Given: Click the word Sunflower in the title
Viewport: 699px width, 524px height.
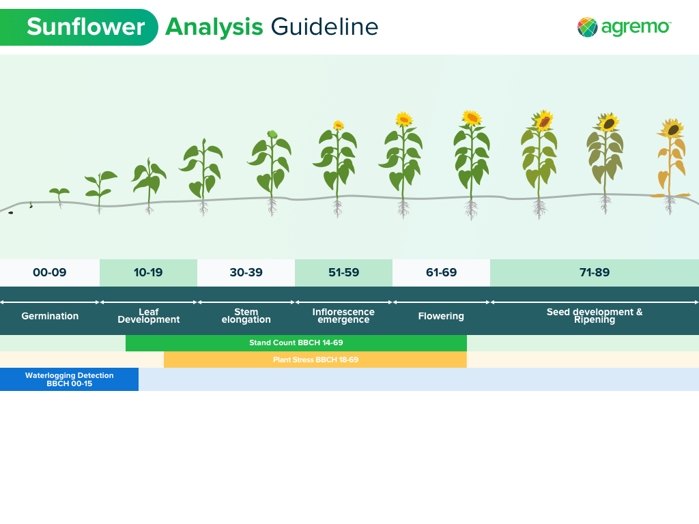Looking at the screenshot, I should click(x=85, y=27).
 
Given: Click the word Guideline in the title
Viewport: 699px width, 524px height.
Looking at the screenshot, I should click(x=324, y=27).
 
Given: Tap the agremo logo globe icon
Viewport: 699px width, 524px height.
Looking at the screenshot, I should click(x=587, y=27).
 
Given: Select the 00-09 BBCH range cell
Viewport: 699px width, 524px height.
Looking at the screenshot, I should click(x=50, y=273).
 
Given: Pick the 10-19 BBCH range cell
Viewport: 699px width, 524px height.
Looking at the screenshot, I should click(x=148, y=273).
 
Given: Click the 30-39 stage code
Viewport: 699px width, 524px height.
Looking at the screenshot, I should click(x=246, y=273).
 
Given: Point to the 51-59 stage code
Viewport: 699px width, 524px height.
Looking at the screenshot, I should click(x=343, y=273).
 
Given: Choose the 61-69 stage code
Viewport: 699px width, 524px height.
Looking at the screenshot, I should click(x=441, y=273).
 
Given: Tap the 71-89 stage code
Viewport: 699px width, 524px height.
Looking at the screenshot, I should click(x=595, y=273).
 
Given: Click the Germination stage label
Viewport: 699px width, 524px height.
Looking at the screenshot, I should click(x=50, y=316).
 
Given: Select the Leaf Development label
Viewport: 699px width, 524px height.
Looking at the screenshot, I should click(x=148, y=316).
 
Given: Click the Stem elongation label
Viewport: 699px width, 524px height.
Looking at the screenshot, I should click(x=246, y=316).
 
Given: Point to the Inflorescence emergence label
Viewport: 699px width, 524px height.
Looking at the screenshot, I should click(x=343, y=316).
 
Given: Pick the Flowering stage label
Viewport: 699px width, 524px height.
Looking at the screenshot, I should click(x=441, y=316).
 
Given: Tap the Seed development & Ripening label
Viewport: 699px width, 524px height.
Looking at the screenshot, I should click(x=595, y=316).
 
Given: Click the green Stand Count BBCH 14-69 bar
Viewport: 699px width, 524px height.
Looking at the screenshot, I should click(x=296, y=343).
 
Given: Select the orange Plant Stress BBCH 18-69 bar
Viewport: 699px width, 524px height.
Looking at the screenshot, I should click(x=315, y=360).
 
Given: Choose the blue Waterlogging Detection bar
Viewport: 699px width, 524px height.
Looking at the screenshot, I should click(x=69, y=379).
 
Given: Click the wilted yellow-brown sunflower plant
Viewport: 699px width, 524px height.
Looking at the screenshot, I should click(x=670, y=164).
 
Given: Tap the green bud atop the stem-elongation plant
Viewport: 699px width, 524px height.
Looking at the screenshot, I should click(x=272, y=134).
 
